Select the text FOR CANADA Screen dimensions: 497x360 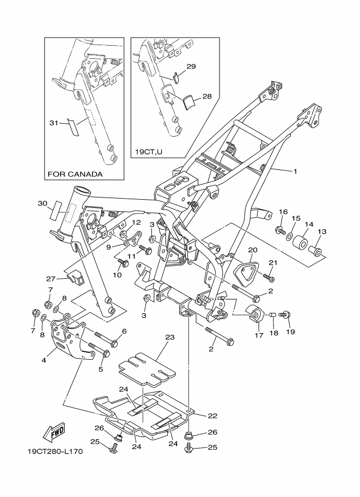[75, 174]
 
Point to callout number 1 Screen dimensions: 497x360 [295, 171]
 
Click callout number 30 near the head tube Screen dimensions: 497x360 [43, 203]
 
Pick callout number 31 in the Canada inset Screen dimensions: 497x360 [53, 122]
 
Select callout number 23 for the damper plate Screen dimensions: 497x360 [169, 338]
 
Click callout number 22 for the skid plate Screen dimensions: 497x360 [212, 416]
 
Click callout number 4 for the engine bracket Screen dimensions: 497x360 [44, 359]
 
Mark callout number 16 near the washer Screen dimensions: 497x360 [283, 212]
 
